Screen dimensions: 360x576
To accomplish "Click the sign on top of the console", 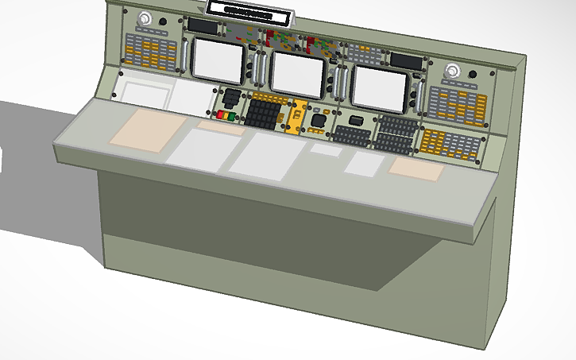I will (x=249, y=10).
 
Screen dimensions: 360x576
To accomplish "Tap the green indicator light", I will (x=232, y=117).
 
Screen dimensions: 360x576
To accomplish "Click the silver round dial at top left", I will (x=145, y=21).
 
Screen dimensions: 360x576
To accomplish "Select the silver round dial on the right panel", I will (x=453, y=70).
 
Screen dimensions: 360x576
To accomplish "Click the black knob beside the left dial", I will (x=163, y=22).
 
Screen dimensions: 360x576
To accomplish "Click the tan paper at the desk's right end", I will (x=416, y=168).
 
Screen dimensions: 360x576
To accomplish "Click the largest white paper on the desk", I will (x=265, y=155).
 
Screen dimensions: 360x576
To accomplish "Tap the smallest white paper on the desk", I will (x=325, y=149).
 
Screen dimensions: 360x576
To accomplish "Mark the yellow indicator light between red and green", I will (x=226, y=116).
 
